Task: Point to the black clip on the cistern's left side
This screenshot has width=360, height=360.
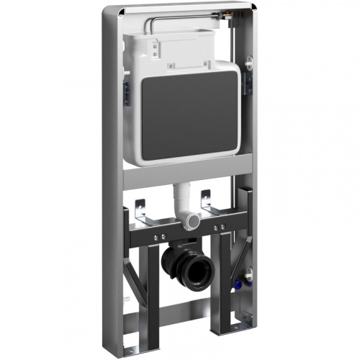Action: click(125, 93)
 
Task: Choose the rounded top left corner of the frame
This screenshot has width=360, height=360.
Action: click(108, 10)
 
